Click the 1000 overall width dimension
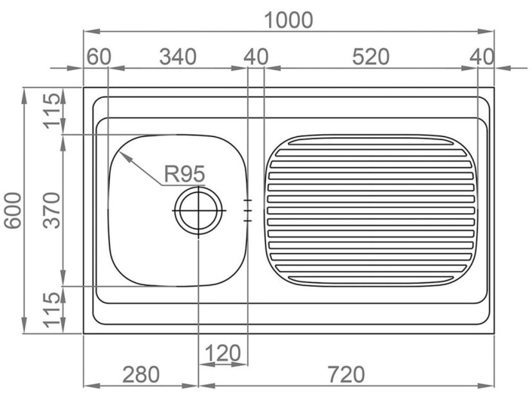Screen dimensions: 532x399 pyautogui.click(x=289, y=20)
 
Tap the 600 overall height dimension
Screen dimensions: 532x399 pyautogui.click(x=14, y=210)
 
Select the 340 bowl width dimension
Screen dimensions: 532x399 pyautogui.click(x=178, y=57)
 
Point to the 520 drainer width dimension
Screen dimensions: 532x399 pyautogui.click(x=370, y=57)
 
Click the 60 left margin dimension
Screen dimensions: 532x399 pyautogui.click(x=99, y=57)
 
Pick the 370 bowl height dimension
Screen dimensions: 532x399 pyautogui.click(x=52, y=210)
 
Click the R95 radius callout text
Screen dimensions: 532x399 pyautogui.click(x=184, y=174)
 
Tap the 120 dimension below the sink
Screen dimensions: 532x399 pyautogui.click(x=223, y=353)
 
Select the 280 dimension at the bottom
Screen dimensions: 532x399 pyautogui.click(x=140, y=375)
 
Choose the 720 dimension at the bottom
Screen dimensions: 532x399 pyautogui.click(x=346, y=375)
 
